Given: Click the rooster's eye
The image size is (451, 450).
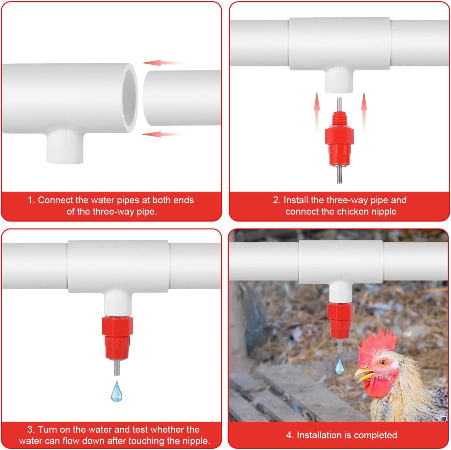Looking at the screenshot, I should point(383,363).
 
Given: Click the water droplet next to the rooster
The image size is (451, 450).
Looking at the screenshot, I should point(339,366).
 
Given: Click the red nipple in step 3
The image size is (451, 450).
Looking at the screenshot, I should point(117,338).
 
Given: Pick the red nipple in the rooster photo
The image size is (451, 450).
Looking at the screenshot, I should point(340,321).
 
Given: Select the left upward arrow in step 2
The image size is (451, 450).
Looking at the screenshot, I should point(317,110).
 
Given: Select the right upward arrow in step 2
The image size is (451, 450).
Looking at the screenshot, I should point(364,110).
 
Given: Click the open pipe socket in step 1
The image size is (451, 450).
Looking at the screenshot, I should point(130,98).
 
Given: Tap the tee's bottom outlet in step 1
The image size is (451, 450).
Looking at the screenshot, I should point(65,148).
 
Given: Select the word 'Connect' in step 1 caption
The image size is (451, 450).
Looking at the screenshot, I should point(55,200).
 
